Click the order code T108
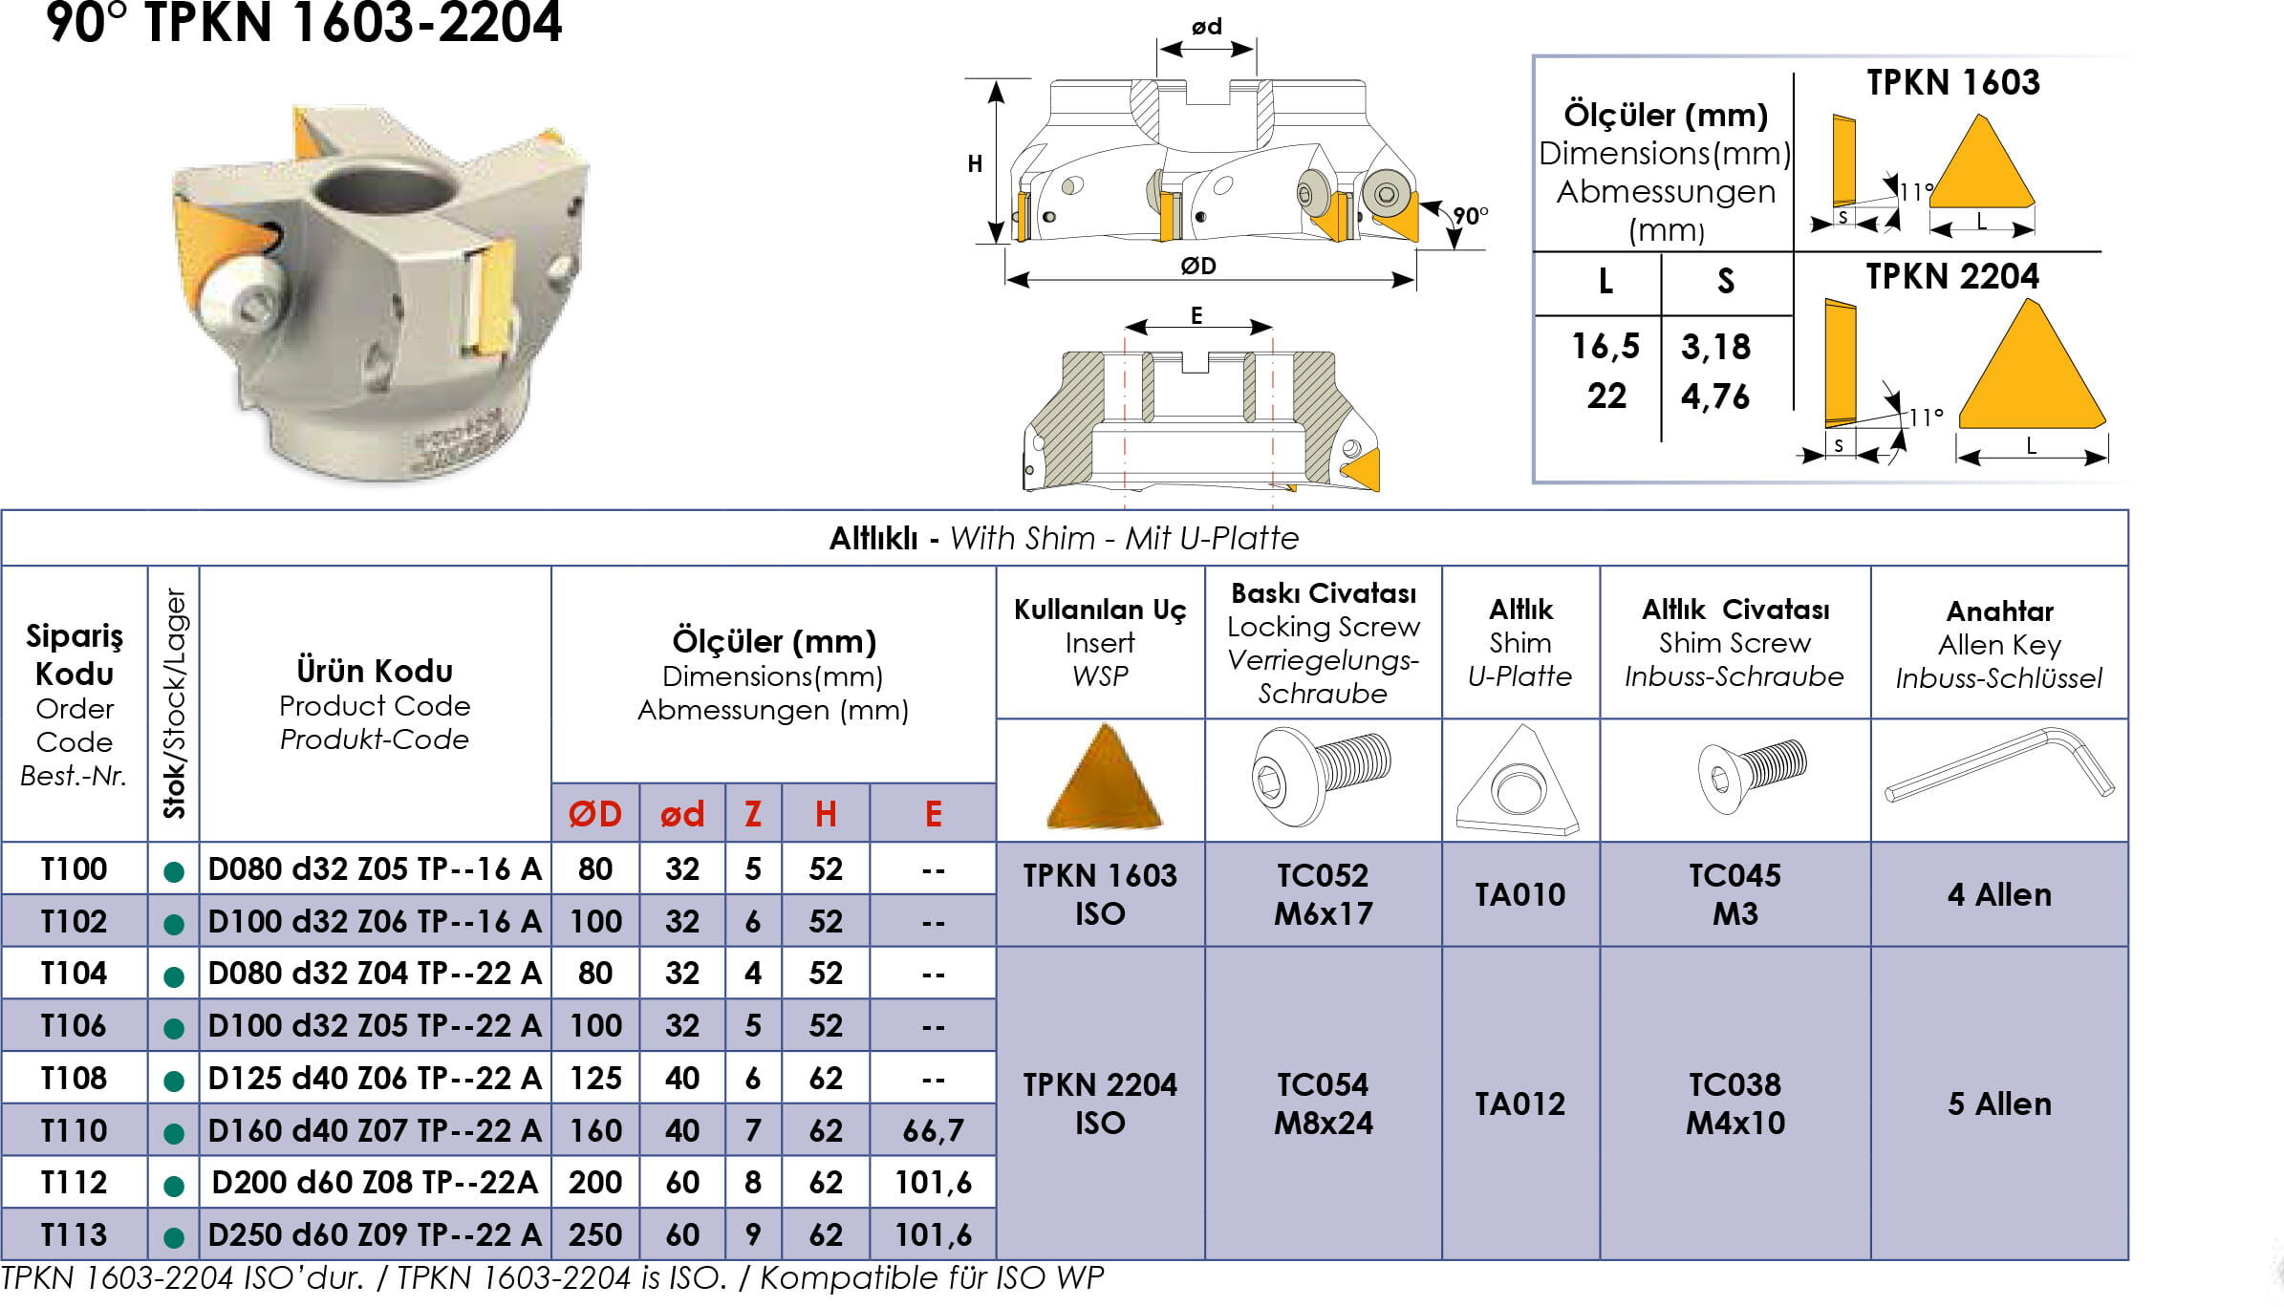74,1078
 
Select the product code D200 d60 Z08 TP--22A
375,1182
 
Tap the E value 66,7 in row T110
933,1130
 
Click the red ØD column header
595,814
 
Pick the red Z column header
753,814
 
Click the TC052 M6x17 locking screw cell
1324,894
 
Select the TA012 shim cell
1519,1103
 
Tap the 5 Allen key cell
1999,1103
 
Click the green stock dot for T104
174,976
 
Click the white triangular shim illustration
1519,781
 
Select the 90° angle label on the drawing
1470,216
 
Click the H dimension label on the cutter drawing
975,163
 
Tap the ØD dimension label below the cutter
1197,266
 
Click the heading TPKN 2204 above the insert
1952,276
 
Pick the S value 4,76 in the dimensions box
1715,396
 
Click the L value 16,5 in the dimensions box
1605,346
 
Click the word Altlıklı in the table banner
873,538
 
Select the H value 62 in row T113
826,1234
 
